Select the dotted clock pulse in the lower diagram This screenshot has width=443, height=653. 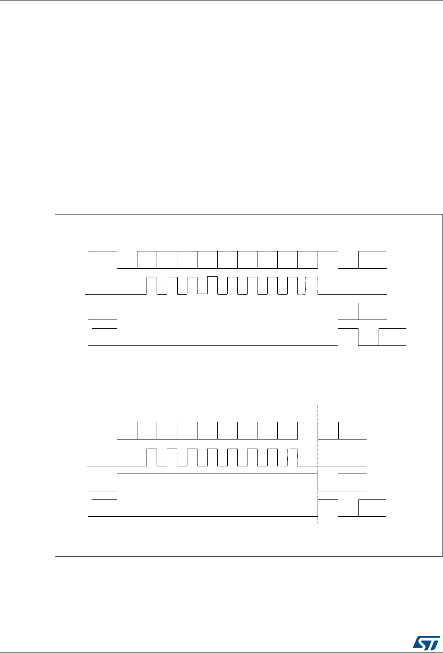point(293,457)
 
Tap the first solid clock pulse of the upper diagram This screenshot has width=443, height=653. point(152,285)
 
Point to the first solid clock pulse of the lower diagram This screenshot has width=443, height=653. point(152,457)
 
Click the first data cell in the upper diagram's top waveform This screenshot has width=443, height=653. point(147,260)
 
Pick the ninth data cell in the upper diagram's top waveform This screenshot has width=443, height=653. point(308,260)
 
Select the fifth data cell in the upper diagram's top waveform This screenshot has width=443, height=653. point(228,260)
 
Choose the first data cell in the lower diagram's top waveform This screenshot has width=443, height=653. point(147,430)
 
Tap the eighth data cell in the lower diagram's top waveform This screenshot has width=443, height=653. point(288,430)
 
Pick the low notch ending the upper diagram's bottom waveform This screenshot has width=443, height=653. point(369,337)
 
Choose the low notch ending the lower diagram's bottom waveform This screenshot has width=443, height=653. point(348,509)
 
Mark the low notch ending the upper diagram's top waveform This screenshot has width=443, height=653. point(348,260)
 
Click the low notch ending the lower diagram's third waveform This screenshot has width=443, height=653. point(328,483)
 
